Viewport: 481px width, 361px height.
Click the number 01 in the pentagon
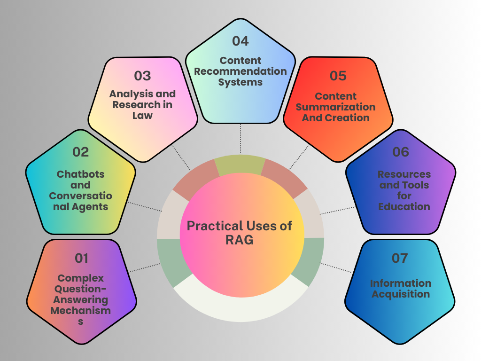tap(81, 258)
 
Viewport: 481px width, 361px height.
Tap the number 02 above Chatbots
tap(80, 152)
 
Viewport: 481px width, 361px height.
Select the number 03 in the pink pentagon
tap(142, 76)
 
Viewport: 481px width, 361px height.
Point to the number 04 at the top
tap(240, 41)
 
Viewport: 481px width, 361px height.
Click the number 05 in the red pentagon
tap(338, 76)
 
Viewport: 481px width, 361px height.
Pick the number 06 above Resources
tap(400, 152)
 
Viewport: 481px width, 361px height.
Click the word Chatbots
tap(80, 174)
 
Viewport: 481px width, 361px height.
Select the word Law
tap(142, 116)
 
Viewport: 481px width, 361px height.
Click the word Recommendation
tap(240, 71)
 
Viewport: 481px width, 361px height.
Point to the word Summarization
tap(336, 107)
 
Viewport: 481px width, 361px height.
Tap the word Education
tap(404, 207)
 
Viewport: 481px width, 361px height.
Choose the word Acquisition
tap(401, 294)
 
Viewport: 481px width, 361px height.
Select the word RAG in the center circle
tap(239, 240)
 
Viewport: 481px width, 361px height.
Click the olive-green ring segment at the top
tap(240, 165)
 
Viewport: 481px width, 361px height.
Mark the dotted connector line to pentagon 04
tap(240, 139)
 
